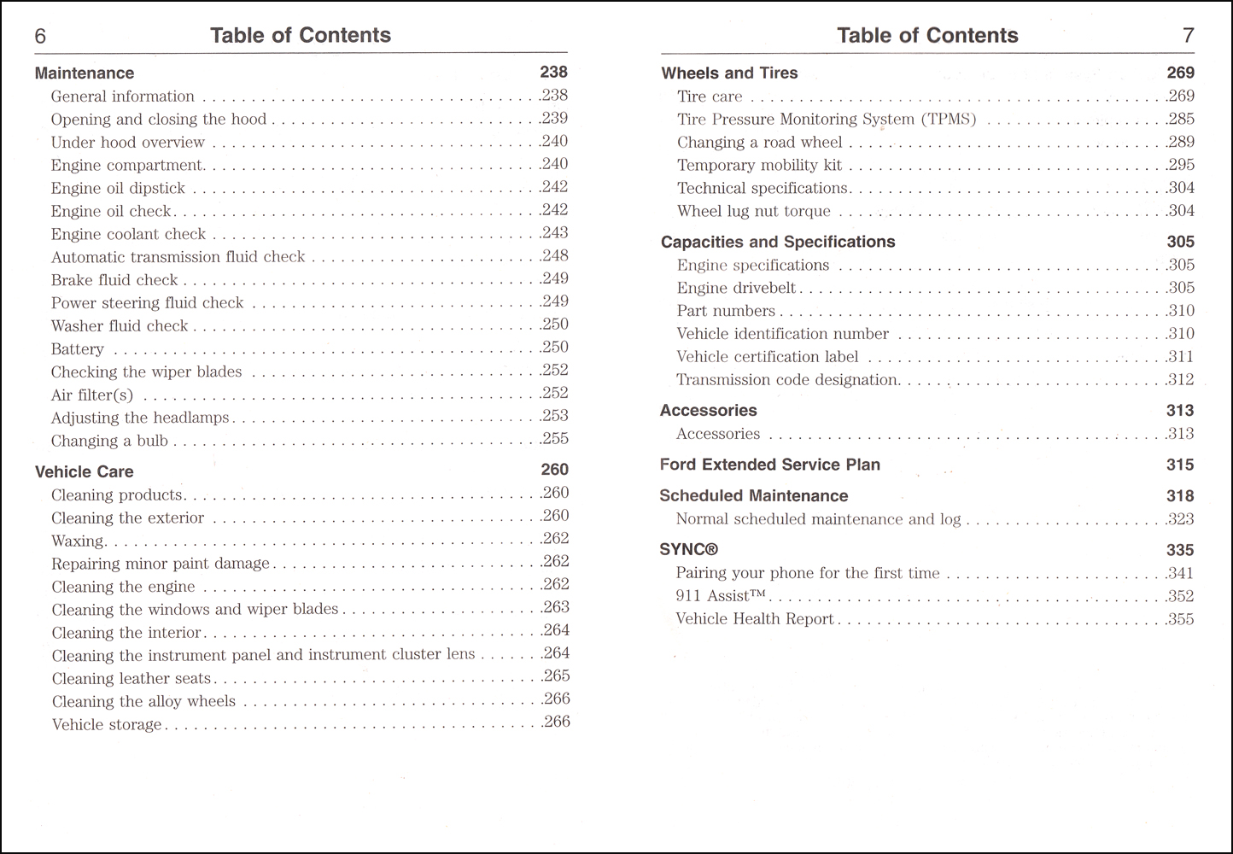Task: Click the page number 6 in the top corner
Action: tap(40, 36)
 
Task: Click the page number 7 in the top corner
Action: tap(1188, 36)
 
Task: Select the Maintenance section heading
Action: tap(85, 73)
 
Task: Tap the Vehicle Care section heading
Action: tap(84, 471)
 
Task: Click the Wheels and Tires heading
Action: tap(729, 73)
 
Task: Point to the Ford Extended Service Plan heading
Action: tap(769, 465)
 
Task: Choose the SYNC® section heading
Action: tap(688, 550)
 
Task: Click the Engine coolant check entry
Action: tap(128, 234)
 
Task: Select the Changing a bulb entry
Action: tap(109, 442)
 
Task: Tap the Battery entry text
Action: tap(78, 349)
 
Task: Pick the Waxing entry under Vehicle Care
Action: tap(78, 541)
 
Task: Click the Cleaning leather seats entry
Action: tap(131, 679)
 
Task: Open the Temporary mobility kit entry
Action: tap(759, 166)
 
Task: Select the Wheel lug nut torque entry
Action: tap(753, 212)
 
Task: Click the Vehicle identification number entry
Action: tap(782, 334)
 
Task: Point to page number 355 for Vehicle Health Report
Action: tap(1181, 619)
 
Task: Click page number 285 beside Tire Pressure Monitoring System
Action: tap(1181, 120)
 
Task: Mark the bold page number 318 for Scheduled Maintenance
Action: tap(1180, 496)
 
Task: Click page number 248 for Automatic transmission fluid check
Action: tap(555, 256)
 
